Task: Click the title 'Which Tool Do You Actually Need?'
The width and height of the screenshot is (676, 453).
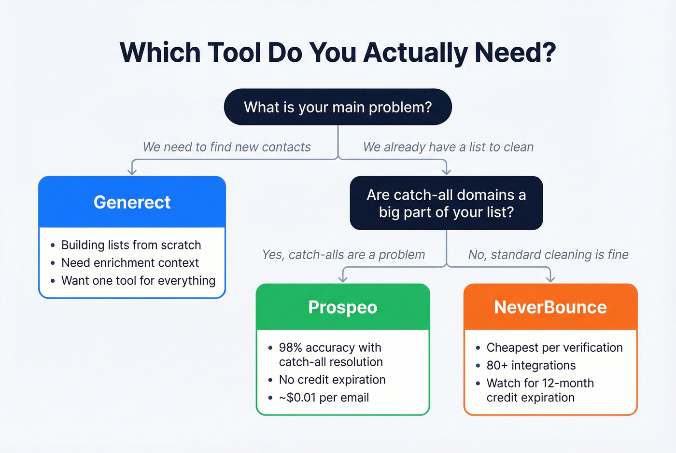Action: pyautogui.click(x=338, y=53)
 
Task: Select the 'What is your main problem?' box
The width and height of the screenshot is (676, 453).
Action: pyautogui.click(x=338, y=107)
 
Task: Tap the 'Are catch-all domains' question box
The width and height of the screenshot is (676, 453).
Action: pyautogui.click(x=446, y=203)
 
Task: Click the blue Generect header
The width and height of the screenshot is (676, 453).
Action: pyautogui.click(x=132, y=202)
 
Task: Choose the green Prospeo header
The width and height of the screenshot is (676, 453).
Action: pyautogui.click(x=342, y=307)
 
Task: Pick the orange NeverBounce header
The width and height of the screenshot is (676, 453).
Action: pyautogui.click(x=550, y=307)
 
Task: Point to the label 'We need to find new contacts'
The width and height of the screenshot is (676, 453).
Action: pyautogui.click(x=226, y=147)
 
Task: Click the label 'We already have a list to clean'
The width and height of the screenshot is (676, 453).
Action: pyautogui.click(x=448, y=147)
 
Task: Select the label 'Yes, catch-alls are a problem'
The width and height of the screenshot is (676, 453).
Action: pyautogui.click(x=343, y=255)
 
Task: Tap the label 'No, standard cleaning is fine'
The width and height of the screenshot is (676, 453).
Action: pyautogui.click(x=548, y=255)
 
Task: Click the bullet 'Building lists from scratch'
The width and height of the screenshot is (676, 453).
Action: pyautogui.click(x=131, y=245)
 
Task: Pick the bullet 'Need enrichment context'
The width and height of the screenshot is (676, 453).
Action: pyautogui.click(x=130, y=263)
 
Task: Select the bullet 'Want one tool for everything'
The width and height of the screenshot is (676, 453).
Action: pyautogui.click(x=138, y=281)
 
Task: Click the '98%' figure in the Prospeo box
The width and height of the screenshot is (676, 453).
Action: pyautogui.click(x=290, y=348)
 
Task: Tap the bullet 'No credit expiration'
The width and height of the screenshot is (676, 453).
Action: pyautogui.click(x=332, y=380)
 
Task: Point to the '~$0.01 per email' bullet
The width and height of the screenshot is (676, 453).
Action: pyautogui.click(x=324, y=398)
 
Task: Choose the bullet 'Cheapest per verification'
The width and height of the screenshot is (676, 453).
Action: pyautogui.click(x=554, y=348)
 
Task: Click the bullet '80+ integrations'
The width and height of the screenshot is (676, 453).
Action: pyautogui.click(x=531, y=366)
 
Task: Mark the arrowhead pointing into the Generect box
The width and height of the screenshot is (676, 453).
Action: pyautogui.click(x=132, y=171)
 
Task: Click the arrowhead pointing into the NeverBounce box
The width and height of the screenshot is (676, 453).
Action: pyautogui.click(x=550, y=279)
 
